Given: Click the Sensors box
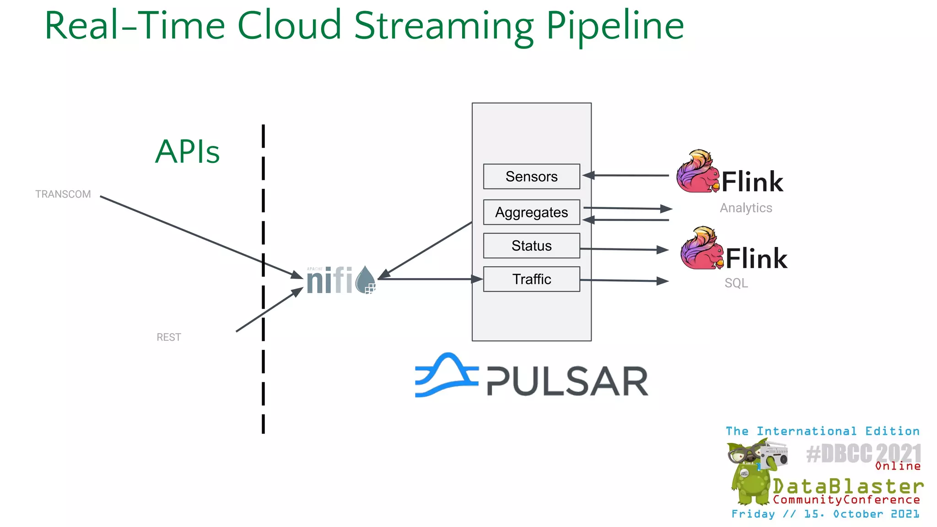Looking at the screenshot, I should [x=531, y=177].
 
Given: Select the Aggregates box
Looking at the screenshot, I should [x=531, y=212].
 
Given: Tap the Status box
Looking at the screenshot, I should [x=531, y=246].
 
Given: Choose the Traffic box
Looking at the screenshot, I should [x=531, y=279].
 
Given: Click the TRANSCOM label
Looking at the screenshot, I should [x=63, y=194].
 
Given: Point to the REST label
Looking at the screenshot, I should [x=169, y=338].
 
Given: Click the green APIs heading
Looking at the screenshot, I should [x=188, y=151].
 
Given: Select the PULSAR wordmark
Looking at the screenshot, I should [x=567, y=381].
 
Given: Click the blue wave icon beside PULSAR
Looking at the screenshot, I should [x=446, y=375].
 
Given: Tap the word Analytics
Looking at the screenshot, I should [x=746, y=208].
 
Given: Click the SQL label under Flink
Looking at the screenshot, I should [x=736, y=283].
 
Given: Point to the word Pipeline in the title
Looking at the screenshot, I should [x=615, y=27].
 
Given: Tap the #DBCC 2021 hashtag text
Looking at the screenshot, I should [x=863, y=454].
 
